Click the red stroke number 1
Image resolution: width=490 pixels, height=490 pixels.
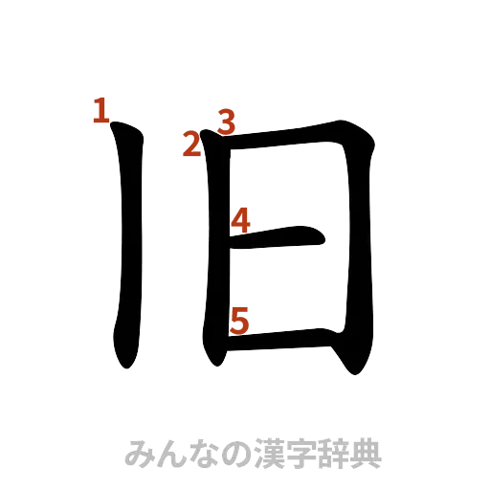pyautogui.click(x=100, y=111)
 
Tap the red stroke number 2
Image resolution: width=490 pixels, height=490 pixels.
pyautogui.click(x=191, y=145)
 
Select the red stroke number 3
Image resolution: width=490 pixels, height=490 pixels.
pyautogui.click(x=226, y=122)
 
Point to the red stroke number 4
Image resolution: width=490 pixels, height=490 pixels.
pyautogui.click(x=241, y=221)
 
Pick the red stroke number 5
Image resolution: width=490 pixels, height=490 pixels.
pyautogui.click(x=240, y=321)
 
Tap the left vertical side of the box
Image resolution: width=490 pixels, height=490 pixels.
pyautogui.click(x=218, y=249)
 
